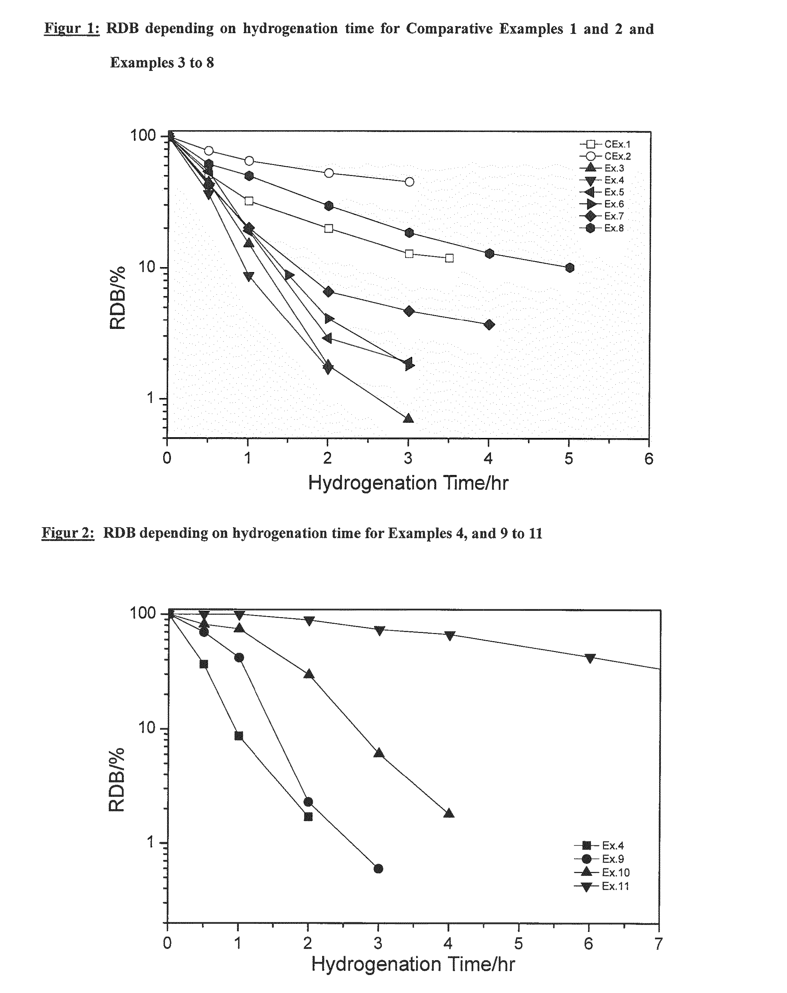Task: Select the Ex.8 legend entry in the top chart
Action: pos(602,228)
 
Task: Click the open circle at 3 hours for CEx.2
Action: pos(409,182)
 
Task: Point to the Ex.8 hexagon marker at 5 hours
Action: pos(569,268)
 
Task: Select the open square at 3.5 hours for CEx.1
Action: pos(449,258)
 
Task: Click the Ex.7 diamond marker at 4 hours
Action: pos(489,325)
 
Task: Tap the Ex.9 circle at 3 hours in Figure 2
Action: pos(378,869)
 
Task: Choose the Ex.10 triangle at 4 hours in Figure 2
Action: pos(449,813)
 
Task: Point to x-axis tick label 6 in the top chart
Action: pos(649,459)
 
